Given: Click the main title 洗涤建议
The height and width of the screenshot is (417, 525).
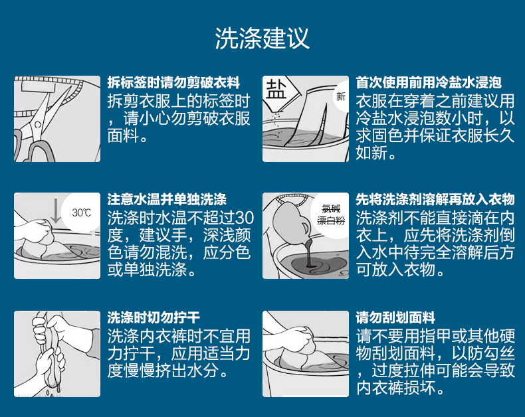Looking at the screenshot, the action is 262,39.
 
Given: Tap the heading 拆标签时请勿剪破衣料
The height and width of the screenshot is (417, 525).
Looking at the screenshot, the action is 173,82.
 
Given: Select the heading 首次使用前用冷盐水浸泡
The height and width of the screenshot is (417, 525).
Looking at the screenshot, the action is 429,82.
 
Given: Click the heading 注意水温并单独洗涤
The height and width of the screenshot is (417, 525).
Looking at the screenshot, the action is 167,199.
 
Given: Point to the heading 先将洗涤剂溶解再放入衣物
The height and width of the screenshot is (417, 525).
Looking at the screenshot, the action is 435,199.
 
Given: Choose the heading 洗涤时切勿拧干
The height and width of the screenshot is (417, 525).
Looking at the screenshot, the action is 154,317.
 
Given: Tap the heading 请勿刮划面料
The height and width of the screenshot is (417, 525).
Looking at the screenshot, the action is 395,317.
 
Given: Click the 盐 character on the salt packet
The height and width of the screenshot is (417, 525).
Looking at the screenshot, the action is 276,89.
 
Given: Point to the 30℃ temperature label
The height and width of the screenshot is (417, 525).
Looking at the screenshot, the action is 81,213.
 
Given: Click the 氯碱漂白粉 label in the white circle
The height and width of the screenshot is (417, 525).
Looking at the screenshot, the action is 331,215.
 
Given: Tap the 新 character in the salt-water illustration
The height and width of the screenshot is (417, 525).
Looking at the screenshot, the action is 341,97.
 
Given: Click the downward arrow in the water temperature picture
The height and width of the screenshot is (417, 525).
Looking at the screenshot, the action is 56,210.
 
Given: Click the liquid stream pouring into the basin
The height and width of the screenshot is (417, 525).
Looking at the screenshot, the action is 309,252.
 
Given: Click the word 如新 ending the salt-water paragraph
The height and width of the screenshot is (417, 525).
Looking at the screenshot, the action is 371,153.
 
